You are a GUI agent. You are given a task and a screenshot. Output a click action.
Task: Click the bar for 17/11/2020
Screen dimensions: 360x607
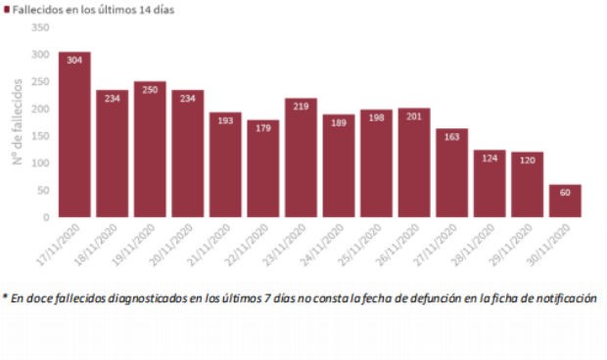pyautogui.click(x=74, y=137)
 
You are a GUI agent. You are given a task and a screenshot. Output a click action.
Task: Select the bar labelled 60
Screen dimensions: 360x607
pyautogui.click(x=565, y=202)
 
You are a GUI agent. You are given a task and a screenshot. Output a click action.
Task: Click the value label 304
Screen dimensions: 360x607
pyautogui.click(x=74, y=61)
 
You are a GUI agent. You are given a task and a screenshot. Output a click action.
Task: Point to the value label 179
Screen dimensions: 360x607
pyautogui.click(x=263, y=128)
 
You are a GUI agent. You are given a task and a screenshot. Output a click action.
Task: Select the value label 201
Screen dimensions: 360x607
pyautogui.click(x=414, y=116)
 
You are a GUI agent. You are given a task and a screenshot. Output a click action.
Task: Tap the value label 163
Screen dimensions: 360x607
pyautogui.click(x=451, y=137)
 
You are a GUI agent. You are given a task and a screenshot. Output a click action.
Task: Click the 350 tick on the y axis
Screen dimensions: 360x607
pyautogui.click(x=40, y=27)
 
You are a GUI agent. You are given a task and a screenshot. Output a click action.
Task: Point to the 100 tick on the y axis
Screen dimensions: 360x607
pyautogui.click(x=40, y=162)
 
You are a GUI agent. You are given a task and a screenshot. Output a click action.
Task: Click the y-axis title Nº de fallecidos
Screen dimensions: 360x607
pyautogui.click(x=18, y=122)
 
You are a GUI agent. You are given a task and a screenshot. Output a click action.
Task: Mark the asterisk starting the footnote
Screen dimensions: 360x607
pyautogui.click(x=5, y=296)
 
